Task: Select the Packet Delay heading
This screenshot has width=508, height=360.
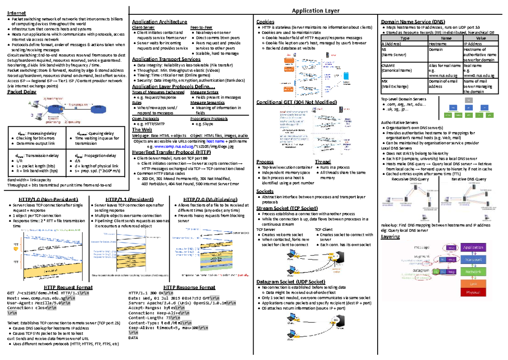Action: (x=22, y=91)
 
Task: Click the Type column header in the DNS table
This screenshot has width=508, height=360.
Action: (x=404, y=38)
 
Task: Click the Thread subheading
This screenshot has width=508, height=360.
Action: (x=323, y=162)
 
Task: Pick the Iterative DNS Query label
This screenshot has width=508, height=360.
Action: (x=469, y=179)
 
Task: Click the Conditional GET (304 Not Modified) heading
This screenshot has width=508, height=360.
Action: (x=296, y=102)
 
